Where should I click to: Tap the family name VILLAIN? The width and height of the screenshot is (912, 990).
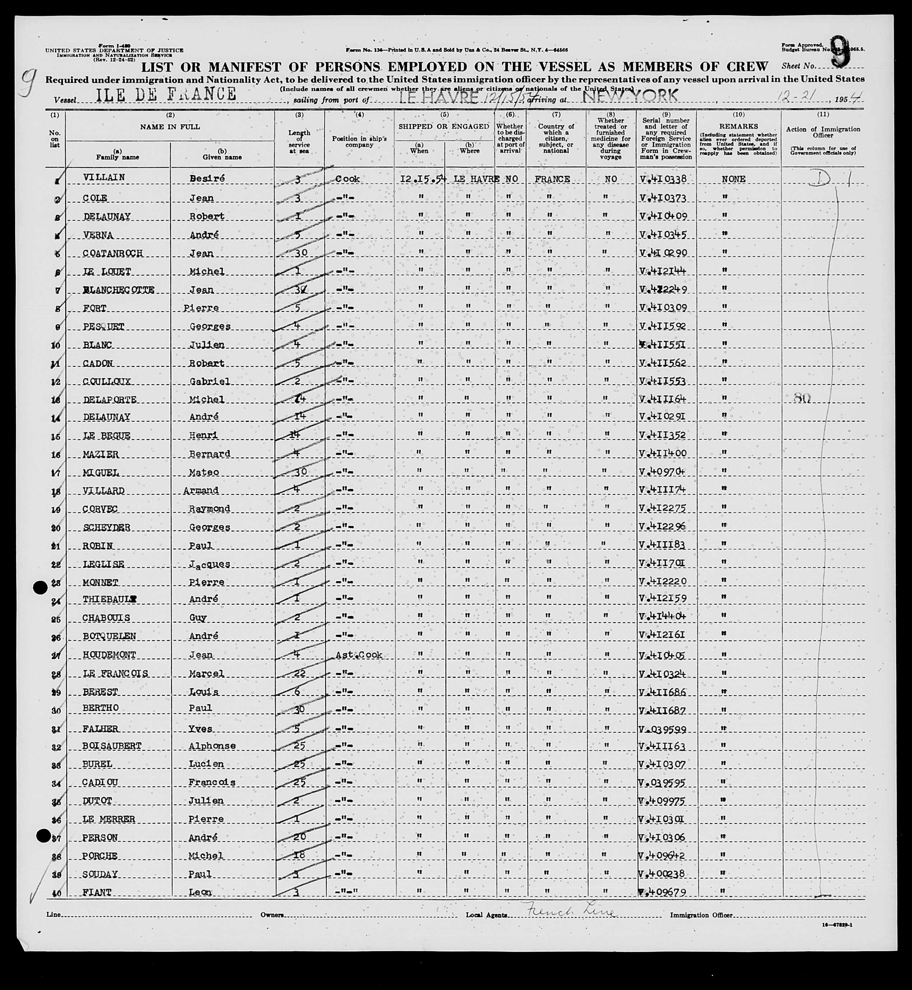104,178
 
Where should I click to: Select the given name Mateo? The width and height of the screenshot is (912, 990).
203,473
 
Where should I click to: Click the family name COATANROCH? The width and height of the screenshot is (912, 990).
113,253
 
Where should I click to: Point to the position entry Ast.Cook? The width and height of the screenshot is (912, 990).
359,654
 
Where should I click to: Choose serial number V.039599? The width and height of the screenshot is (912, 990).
662,729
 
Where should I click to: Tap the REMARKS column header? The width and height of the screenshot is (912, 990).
738,126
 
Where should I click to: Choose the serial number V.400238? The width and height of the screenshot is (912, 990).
662,874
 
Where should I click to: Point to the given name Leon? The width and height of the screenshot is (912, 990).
200,892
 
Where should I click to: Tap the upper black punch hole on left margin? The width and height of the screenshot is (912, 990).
40,587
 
